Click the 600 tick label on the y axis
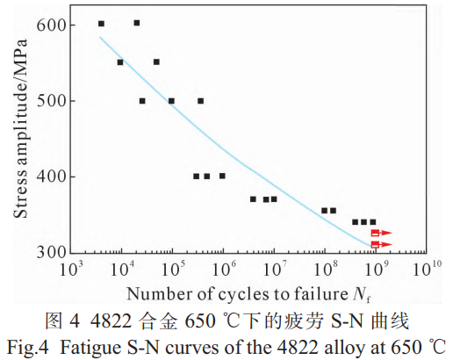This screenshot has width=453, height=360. coord(50,25)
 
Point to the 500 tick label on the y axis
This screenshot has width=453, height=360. coord(50,100)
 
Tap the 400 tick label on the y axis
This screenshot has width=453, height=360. coord(50,176)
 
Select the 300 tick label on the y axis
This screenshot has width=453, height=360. coord(50,252)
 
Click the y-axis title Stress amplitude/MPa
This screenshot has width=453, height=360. coord(19,138)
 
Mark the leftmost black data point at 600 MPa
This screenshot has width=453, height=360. coord(101,24)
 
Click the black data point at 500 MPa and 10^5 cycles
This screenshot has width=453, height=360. coord(171,101)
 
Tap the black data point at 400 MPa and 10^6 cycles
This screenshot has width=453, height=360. coord(222,176)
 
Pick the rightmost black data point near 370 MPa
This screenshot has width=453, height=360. coord(274,199)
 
